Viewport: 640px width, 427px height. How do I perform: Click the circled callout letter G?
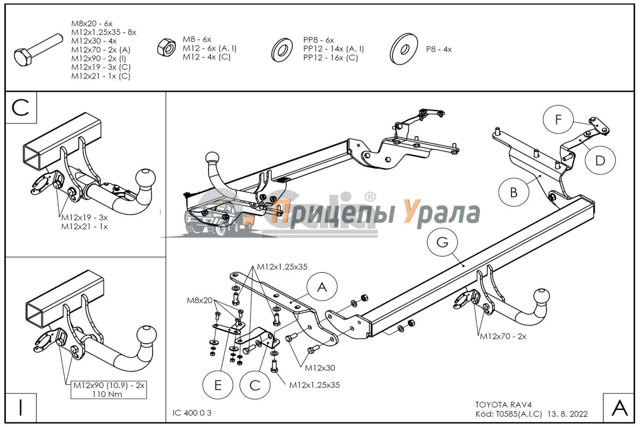pos(442,242)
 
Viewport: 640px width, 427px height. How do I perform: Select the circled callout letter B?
pos(514,192)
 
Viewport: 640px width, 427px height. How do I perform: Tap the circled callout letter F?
pos(558,119)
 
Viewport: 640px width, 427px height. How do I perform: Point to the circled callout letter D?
pos(600,160)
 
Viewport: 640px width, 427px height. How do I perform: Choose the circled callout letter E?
pos(218,385)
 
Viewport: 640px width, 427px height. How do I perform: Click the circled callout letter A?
pos(322,287)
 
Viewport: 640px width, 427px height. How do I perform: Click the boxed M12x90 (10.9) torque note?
pos(109,390)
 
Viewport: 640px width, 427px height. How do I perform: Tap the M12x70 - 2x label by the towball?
pos(503,336)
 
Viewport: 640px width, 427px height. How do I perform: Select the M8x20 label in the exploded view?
pos(199,301)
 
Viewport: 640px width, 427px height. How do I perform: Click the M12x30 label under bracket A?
pos(319,368)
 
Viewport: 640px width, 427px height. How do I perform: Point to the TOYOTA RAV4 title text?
pos(503,405)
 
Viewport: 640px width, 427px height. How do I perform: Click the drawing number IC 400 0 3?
pos(191,413)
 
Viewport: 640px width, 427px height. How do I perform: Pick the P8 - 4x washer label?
pos(439,50)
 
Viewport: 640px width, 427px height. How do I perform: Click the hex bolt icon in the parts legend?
pos(38,50)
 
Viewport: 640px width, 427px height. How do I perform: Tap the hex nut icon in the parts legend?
pos(166,48)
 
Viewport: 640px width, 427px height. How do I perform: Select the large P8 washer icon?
pos(404,49)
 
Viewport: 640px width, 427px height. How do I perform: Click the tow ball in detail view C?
pos(146,178)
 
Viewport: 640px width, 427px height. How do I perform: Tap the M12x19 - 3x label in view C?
pos(84,218)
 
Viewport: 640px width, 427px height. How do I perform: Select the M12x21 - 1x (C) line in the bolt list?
pos(101,76)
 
